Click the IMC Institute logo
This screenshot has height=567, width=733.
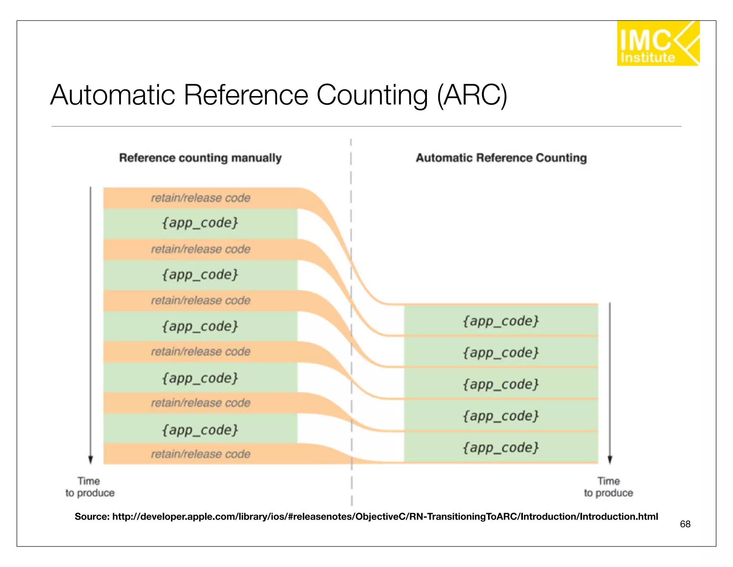tap(658, 43)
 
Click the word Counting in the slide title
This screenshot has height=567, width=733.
tap(372, 95)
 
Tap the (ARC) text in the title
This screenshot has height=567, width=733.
tap(472, 95)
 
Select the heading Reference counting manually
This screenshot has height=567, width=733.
tap(200, 158)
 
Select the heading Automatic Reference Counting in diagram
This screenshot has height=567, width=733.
tap(501, 158)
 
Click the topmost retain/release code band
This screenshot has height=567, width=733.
tap(200, 198)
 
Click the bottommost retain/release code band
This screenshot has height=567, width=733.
tap(200, 454)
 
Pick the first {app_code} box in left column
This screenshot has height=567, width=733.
tap(200, 223)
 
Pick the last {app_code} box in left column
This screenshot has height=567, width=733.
tap(200, 430)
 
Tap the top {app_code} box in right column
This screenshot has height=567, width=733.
tap(501, 321)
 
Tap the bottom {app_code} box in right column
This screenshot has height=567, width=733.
tap(501, 447)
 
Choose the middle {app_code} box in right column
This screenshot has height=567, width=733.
tap(501, 384)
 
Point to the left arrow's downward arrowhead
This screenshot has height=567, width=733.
tap(91, 460)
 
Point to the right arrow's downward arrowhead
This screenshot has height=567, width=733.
tap(610, 460)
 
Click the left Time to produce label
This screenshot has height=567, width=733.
tap(89, 487)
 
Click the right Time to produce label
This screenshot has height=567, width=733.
tap(608, 487)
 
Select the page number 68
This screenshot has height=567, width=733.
tap(685, 524)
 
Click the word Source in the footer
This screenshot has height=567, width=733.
tap(92, 517)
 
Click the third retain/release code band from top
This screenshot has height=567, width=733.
tap(200, 300)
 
